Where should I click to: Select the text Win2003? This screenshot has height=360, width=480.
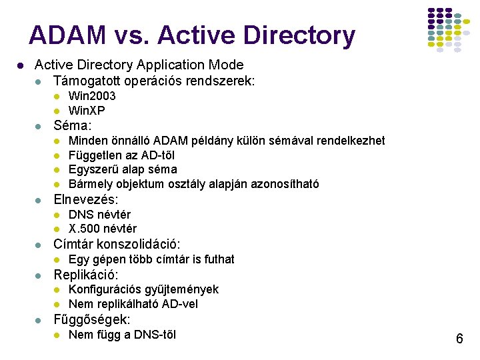point(92,96)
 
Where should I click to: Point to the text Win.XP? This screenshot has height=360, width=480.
point(87,111)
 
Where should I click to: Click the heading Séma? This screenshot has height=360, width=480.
point(73,125)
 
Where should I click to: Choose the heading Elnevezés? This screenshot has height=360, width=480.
point(86,199)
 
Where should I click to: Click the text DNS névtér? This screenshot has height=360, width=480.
point(99,215)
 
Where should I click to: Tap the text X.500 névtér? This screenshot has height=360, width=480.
point(103,229)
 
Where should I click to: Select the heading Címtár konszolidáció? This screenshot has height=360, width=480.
point(117,244)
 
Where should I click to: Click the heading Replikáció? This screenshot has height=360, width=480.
point(86,275)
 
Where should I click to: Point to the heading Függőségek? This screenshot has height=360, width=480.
point(92,319)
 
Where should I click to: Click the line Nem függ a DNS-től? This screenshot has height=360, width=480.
point(122,335)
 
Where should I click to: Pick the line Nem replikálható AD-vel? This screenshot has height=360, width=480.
point(133,304)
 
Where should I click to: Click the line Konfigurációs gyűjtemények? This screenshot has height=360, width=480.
point(143,289)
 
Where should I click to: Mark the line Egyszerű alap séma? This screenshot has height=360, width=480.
point(123,170)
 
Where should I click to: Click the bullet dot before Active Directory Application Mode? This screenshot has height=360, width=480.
point(22,65)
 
